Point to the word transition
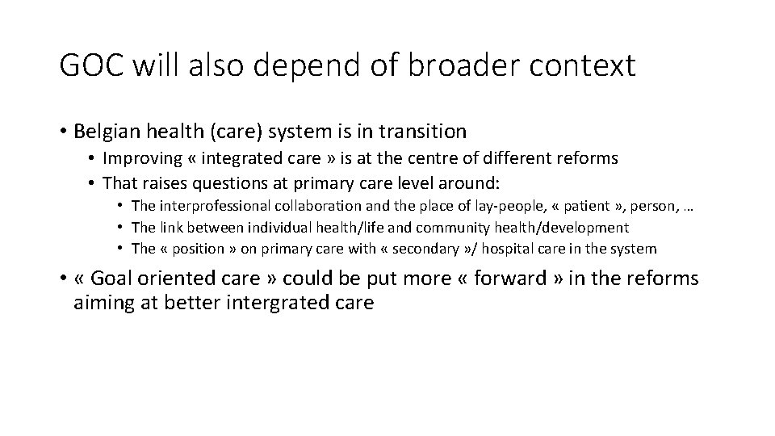click(425, 131)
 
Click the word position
click(199, 249)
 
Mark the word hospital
click(533, 249)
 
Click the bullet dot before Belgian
click(62, 131)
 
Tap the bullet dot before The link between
click(119, 228)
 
